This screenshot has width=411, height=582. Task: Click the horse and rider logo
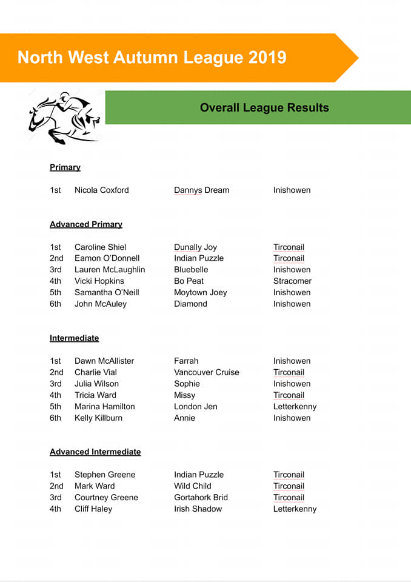click(63, 117)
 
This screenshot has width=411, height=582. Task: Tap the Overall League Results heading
click(264, 108)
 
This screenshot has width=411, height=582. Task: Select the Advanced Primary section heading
click(86, 224)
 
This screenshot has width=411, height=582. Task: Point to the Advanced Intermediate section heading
click(95, 452)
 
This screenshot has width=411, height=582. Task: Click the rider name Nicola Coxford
click(101, 190)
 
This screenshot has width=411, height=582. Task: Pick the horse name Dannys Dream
click(201, 190)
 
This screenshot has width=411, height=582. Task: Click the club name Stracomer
click(292, 281)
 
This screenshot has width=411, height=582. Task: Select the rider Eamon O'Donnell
click(107, 258)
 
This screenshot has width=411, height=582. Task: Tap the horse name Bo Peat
click(189, 281)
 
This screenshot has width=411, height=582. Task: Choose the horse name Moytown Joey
click(200, 292)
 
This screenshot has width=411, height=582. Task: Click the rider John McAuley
click(100, 304)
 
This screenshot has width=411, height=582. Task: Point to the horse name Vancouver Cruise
click(206, 372)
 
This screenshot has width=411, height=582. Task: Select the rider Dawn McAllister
click(104, 361)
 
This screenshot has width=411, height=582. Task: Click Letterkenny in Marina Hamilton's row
click(295, 407)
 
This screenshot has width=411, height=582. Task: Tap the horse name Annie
click(184, 418)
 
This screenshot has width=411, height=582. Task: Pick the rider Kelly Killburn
click(98, 418)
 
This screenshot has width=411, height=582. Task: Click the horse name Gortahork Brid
click(201, 498)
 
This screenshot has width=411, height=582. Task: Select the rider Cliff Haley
click(93, 509)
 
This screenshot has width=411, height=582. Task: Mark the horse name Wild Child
click(192, 486)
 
